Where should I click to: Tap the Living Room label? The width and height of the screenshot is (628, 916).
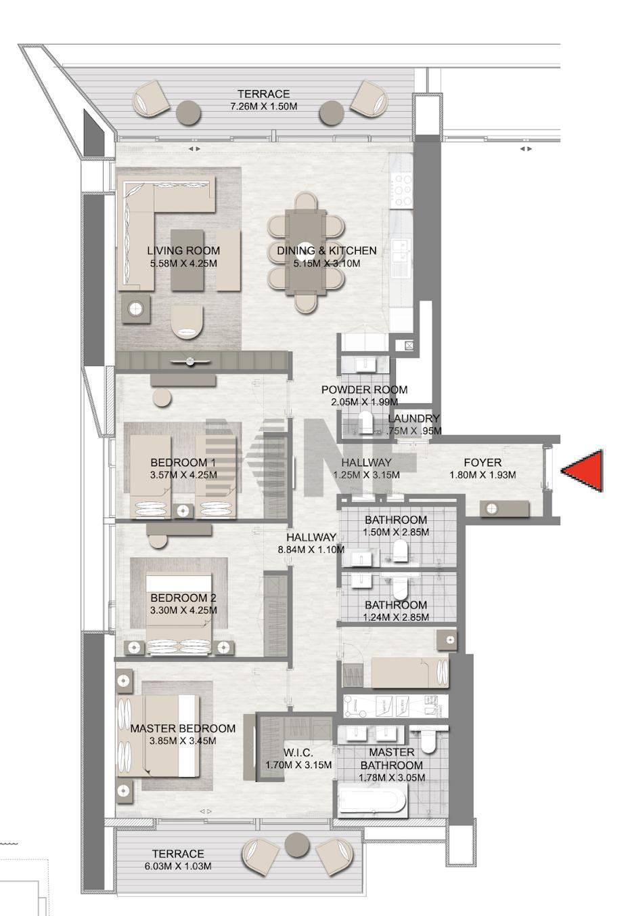[x=183, y=250]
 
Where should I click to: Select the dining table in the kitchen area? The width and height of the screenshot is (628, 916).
[x=306, y=252]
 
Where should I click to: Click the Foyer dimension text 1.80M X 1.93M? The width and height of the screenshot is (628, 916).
[x=483, y=475]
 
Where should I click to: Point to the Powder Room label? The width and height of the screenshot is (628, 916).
[x=364, y=390]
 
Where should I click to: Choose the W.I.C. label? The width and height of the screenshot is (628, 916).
[x=298, y=753]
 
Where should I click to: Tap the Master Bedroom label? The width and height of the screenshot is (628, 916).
[x=183, y=728]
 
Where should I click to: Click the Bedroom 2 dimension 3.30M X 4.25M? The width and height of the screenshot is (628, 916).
[x=184, y=610]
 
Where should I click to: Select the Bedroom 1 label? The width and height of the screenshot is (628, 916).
[x=183, y=463]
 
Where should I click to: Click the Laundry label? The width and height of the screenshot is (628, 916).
[x=413, y=418]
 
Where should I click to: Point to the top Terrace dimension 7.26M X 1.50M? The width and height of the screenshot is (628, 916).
[x=264, y=106]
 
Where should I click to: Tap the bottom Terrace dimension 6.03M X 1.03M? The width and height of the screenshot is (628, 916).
[x=178, y=866]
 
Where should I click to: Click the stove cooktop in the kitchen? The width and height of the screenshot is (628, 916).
[x=401, y=190]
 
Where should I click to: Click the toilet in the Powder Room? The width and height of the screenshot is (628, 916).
[x=366, y=422]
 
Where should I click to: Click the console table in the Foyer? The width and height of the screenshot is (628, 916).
[x=505, y=508]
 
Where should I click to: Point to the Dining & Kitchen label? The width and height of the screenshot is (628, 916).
[x=327, y=250]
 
